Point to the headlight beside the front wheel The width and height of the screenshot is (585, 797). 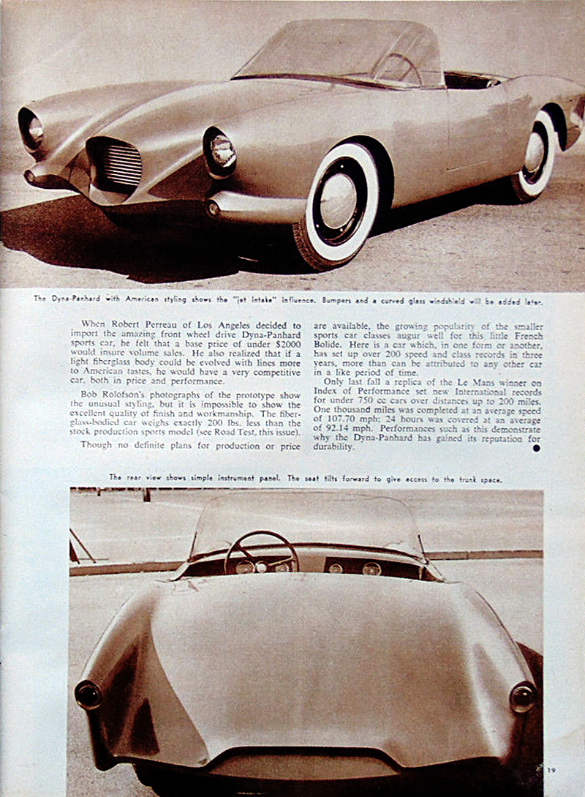click(220, 150)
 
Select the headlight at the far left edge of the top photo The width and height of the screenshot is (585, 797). click(31, 129)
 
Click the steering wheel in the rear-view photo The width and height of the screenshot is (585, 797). click(260, 554)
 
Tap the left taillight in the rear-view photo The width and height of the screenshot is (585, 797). click(88, 694)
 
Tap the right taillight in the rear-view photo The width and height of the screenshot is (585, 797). click(522, 697)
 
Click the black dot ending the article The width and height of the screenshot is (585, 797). click(536, 447)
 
